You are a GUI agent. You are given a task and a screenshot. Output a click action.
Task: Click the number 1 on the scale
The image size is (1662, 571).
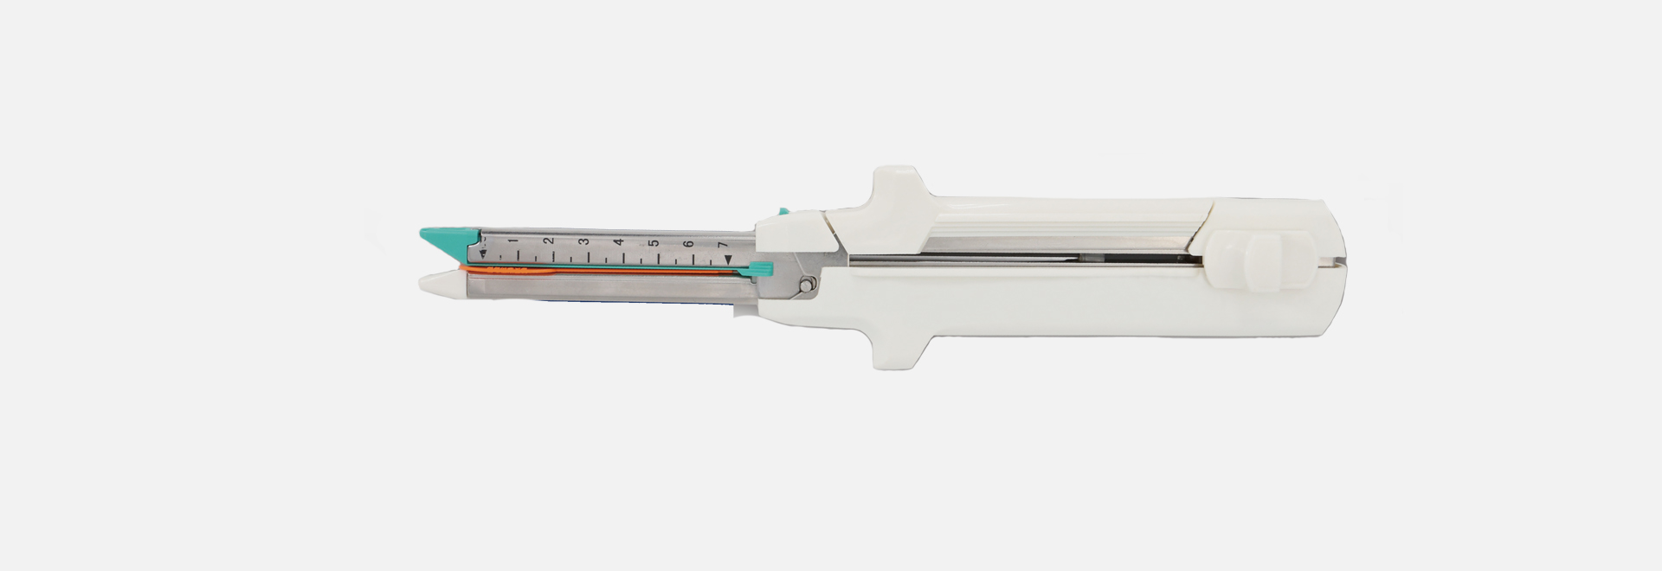(x=512, y=241)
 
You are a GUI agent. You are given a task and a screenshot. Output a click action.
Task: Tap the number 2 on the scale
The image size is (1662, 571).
(x=548, y=241)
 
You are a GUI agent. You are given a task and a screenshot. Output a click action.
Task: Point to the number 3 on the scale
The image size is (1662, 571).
(x=583, y=242)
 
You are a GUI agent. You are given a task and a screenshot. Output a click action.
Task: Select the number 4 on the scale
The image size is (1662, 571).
(x=618, y=243)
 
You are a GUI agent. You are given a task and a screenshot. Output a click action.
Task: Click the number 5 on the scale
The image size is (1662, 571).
(x=654, y=244)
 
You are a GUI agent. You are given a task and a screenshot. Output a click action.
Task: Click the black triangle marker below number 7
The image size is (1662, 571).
(x=729, y=259)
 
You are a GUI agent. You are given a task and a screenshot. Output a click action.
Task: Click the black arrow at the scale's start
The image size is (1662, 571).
(x=482, y=252)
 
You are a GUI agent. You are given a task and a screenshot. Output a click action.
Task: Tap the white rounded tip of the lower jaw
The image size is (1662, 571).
(x=433, y=281)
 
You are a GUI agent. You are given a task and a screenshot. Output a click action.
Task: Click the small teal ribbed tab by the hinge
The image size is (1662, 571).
(x=762, y=269)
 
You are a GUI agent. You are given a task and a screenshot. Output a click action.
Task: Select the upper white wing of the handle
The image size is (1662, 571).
(x=896, y=186)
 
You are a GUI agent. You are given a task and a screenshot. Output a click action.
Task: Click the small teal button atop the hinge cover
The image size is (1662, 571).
(x=783, y=210)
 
